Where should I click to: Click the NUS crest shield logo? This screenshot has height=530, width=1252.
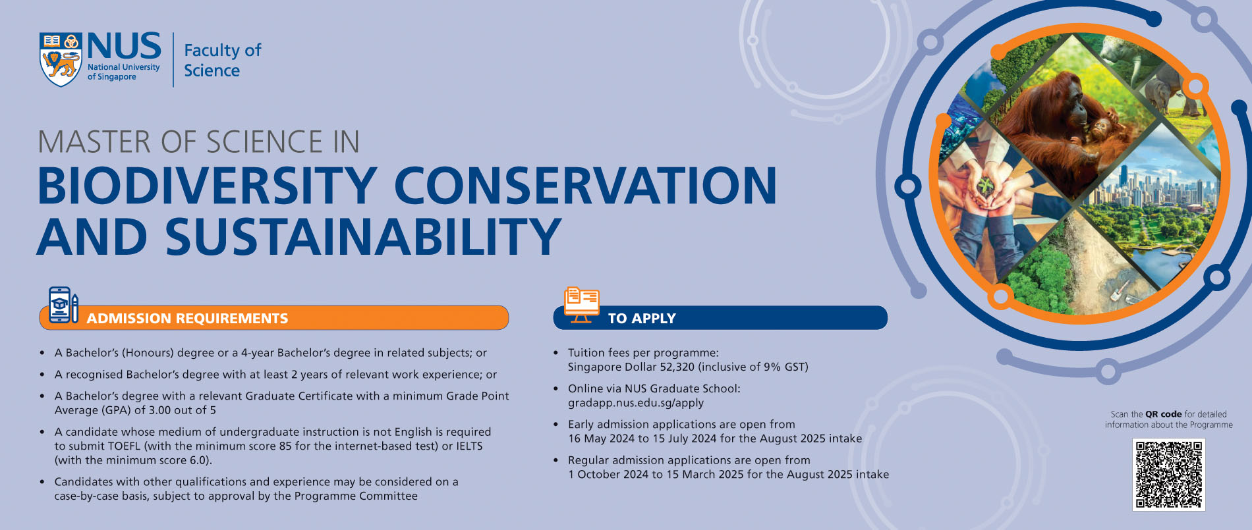click(x=61, y=59)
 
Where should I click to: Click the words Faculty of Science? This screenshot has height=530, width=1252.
click(x=222, y=60)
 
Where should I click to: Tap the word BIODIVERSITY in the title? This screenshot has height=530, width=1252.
click(x=206, y=186)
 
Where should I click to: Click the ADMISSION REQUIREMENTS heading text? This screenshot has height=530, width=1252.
click(x=187, y=319)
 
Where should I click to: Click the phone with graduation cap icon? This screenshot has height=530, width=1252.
click(x=60, y=304)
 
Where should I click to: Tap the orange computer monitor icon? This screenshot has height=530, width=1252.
click(x=581, y=305)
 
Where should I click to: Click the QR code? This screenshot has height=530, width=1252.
click(x=1168, y=474)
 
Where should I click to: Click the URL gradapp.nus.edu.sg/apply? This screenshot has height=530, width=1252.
click(x=635, y=403)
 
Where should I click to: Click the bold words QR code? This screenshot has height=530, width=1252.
click(x=1163, y=414)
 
